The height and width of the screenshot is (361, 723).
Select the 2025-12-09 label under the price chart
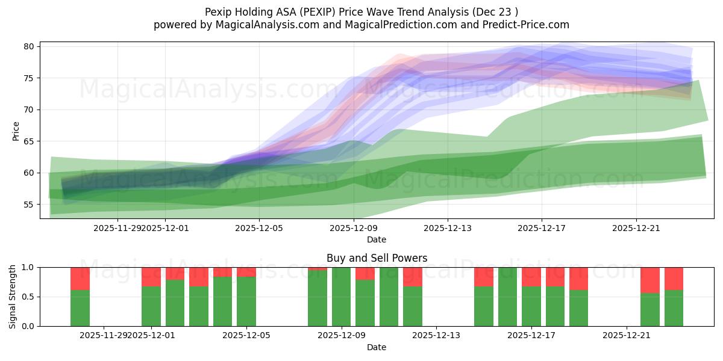353,228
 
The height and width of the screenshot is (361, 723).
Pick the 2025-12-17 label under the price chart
541,228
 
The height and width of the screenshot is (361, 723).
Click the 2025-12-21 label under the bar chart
627,336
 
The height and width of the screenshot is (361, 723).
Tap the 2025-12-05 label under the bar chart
247,336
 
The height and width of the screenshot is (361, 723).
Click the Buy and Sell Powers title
377,258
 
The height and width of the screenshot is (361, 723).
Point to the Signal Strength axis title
13,296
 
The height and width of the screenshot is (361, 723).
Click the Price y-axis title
16,131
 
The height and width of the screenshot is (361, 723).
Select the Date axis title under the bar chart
377,347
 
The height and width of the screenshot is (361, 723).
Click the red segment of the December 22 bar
650,280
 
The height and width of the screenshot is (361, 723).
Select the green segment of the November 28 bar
80,308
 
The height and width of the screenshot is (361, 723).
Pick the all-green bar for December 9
342,297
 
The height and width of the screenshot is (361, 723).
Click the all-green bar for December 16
507,297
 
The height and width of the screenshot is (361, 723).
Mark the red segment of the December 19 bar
578,279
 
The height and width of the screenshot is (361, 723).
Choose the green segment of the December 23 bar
674,308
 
